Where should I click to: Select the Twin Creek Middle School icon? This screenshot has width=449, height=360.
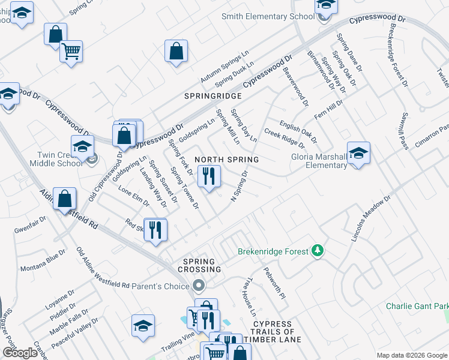83,146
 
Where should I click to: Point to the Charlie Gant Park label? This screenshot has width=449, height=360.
417,306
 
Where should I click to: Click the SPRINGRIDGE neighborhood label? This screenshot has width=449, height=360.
212,96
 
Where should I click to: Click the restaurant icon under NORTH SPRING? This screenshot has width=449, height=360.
209,176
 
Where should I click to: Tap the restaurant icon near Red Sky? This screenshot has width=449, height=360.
155,230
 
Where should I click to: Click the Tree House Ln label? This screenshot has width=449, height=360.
249,296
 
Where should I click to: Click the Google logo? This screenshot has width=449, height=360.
20,353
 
